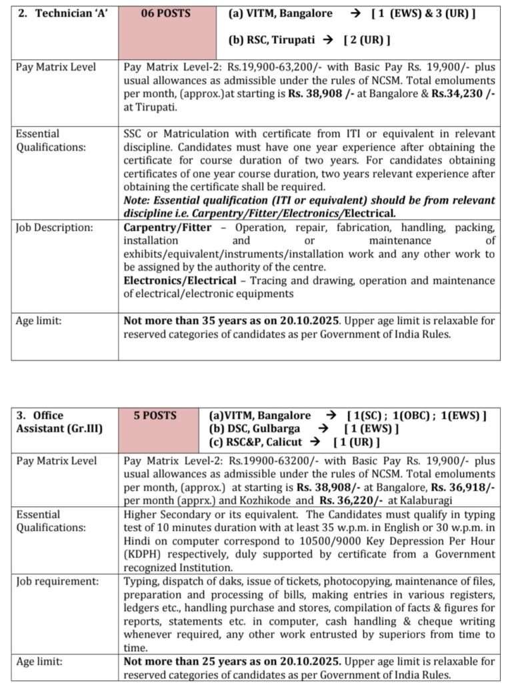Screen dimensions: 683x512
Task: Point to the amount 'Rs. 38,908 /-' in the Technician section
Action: click(321, 93)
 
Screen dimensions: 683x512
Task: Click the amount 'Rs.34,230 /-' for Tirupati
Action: click(463, 93)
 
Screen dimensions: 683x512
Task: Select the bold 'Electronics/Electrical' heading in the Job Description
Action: click(179, 280)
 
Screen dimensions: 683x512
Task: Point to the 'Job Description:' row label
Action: click(54, 227)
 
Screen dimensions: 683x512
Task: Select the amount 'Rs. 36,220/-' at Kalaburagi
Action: click(357, 501)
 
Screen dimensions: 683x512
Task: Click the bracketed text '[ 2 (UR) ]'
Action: click(367, 39)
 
